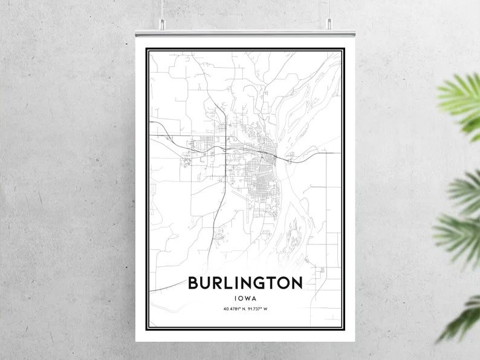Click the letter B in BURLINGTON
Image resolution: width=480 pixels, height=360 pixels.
tap(193, 283)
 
